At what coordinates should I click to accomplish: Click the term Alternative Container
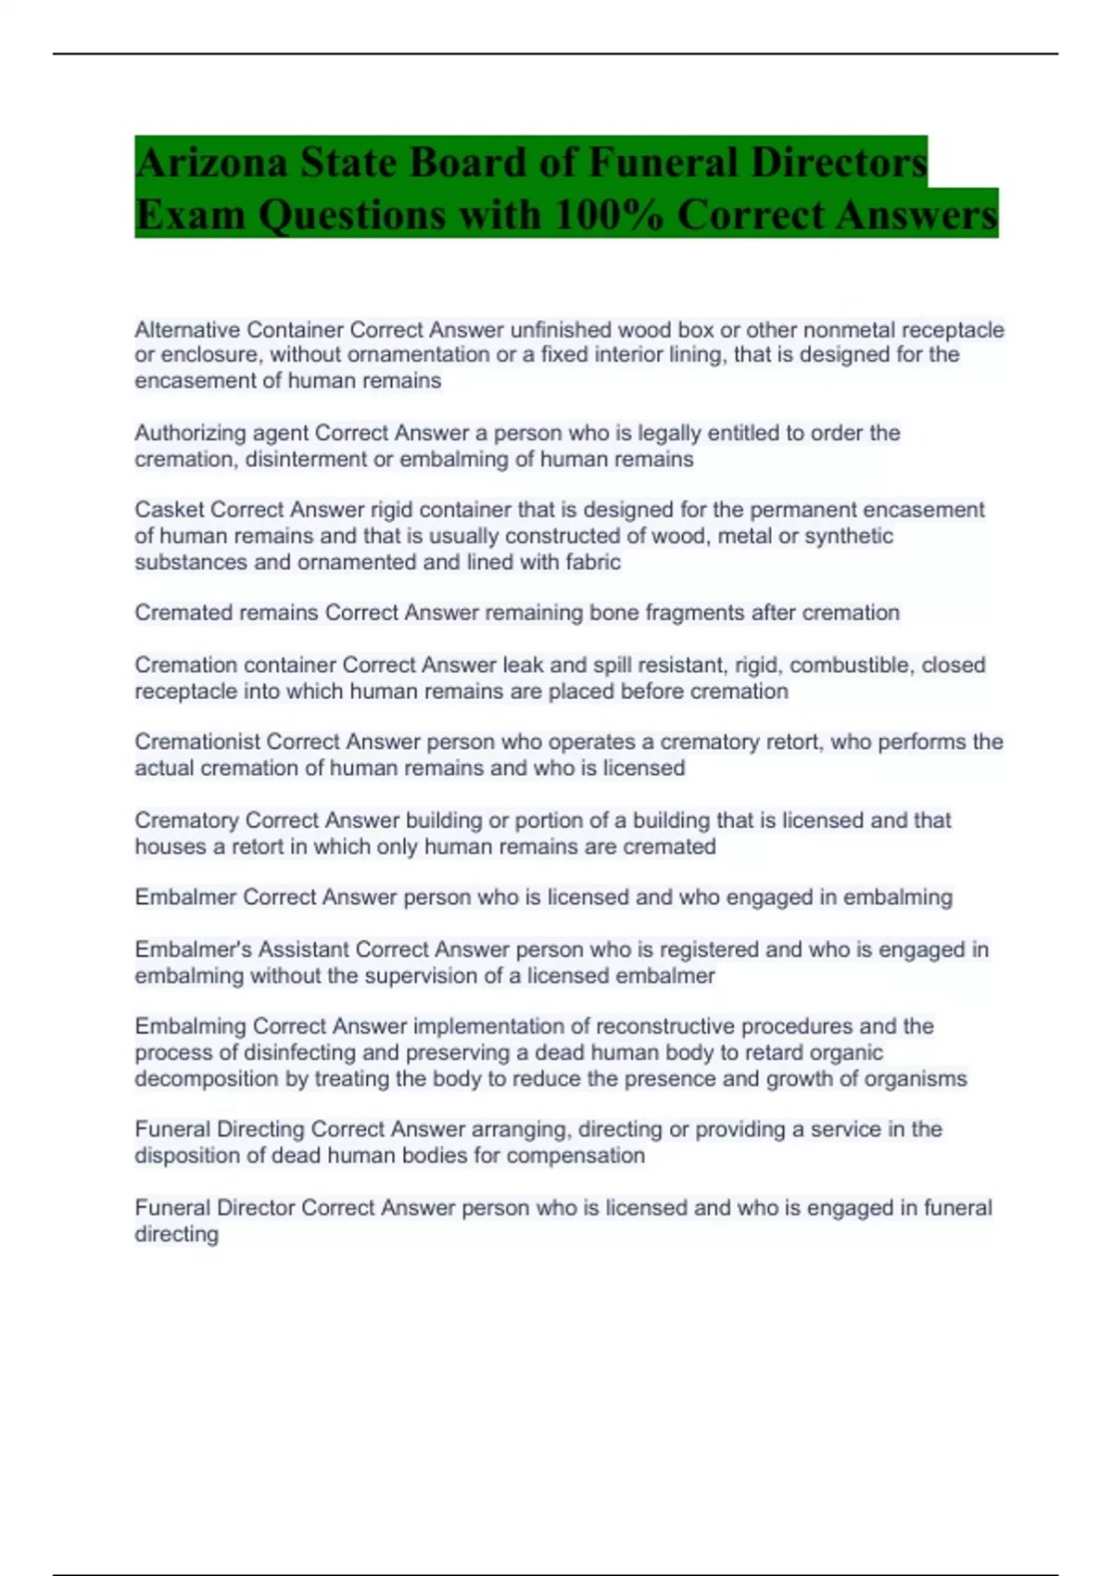click(x=238, y=330)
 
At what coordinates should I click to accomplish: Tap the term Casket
click(x=170, y=510)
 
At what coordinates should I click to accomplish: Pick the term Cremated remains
click(x=226, y=613)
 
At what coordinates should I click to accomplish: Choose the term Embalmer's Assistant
click(x=241, y=949)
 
